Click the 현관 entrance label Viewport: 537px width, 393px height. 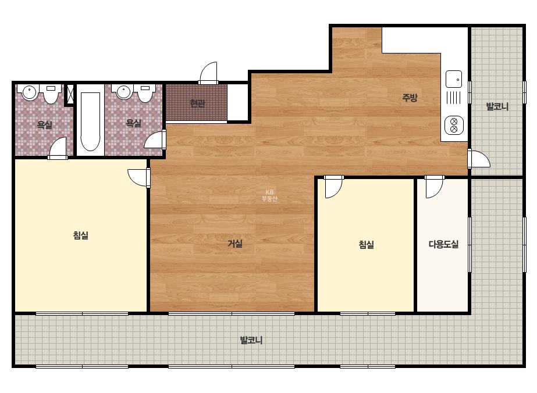[x=198, y=103]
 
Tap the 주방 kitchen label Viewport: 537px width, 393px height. [x=410, y=98]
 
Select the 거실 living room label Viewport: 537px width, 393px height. [x=235, y=244]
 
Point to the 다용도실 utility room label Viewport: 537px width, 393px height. [x=443, y=244]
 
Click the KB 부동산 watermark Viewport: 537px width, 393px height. [x=269, y=195]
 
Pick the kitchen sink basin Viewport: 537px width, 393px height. [x=454, y=79]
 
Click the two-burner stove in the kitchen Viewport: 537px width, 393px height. [x=454, y=125]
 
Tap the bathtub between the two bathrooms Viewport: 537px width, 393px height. [x=90, y=121]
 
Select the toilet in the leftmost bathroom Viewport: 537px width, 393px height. [x=51, y=94]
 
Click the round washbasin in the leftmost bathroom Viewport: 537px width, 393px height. [x=30, y=92]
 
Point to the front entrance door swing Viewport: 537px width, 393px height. [x=208, y=73]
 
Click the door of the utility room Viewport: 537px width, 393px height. [x=434, y=187]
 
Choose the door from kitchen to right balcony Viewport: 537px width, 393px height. [x=479, y=159]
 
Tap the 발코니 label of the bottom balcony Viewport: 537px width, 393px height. [x=251, y=340]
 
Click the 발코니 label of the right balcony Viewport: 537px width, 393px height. [x=497, y=106]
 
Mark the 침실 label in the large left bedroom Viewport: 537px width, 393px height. [x=81, y=235]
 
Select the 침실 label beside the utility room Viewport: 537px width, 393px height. [x=366, y=244]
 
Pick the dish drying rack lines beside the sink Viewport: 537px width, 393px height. [x=453, y=98]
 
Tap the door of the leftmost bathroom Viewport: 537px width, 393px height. [x=58, y=148]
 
